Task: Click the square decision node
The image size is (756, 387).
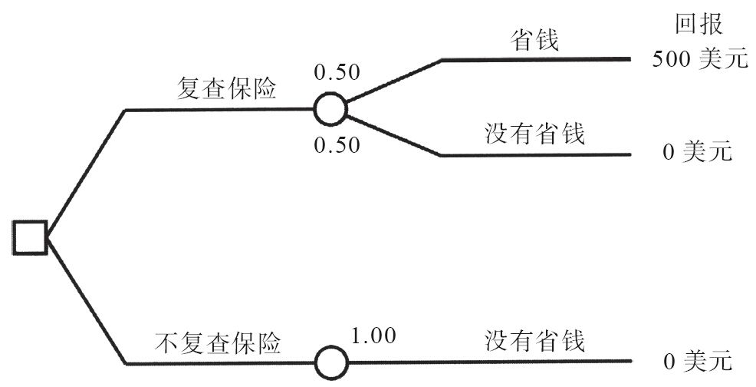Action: click(x=31, y=237)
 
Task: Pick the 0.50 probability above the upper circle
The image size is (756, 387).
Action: click(x=337, y=74)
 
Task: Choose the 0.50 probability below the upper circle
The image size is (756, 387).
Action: click(x=337, y=146)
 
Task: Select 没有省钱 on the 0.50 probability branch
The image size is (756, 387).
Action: click(x=535, y=134)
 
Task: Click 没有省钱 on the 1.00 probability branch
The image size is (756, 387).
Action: click(x=535, y=340)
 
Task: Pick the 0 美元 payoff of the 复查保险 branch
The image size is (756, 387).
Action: click(x=698, y=152)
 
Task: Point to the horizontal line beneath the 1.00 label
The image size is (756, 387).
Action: click(x=460, y=362)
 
